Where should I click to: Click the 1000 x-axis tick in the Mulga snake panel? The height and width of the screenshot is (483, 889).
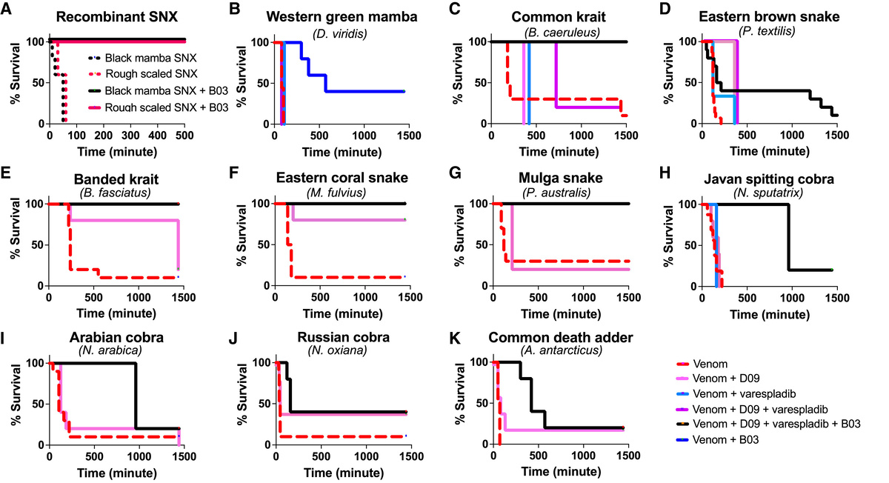tap(582, 300)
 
